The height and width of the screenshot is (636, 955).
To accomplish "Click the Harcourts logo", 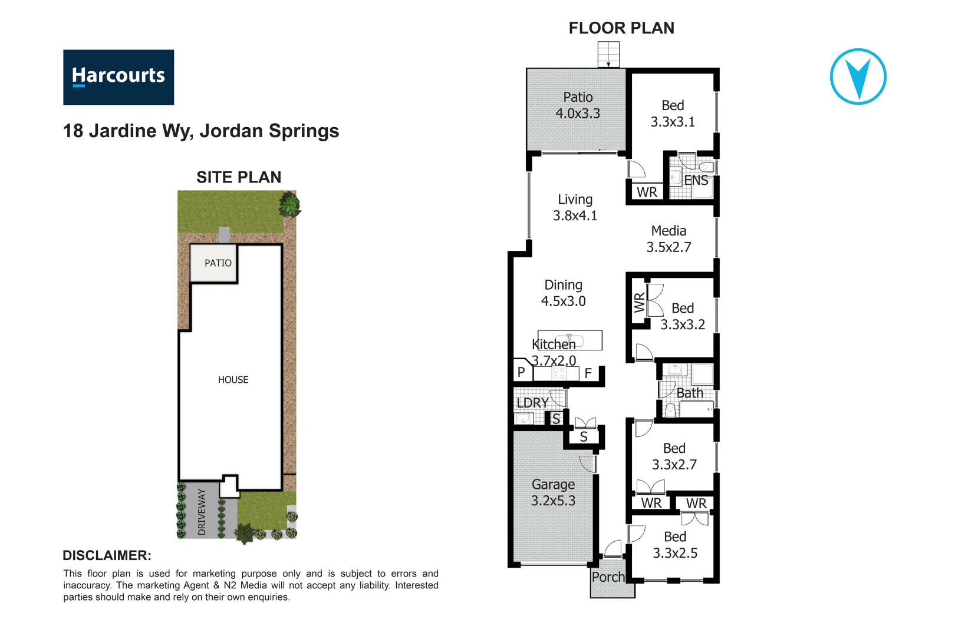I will pos(118,77).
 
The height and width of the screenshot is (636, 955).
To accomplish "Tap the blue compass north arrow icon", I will pos(858,77).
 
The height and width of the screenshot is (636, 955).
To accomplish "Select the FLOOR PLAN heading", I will pos(621,28).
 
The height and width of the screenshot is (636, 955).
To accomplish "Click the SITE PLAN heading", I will pos(239,177).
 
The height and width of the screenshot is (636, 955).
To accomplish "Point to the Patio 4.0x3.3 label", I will pos(578,105).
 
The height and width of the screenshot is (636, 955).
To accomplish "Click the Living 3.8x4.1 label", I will pos(575,208).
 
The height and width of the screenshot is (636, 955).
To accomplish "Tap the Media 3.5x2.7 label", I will pos(668,239).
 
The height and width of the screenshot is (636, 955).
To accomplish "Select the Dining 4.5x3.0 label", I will pos(563,293).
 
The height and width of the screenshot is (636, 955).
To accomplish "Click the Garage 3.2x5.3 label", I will pos(553,492).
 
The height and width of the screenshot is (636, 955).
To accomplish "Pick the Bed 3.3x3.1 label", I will pos(673,114).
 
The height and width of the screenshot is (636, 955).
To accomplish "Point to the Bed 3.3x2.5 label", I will pos(675,545).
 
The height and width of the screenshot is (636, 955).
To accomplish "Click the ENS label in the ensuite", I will pos(696,181).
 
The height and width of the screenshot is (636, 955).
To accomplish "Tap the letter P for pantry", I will pos(521,372).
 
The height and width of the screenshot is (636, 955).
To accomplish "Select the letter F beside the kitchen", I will pos(588,373).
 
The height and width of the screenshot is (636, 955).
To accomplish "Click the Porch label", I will pos(608,577).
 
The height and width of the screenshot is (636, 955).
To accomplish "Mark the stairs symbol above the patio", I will pos(608,55).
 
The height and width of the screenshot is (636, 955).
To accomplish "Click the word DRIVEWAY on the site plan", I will pos(202,511).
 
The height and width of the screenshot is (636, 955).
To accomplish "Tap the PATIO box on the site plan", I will pos(218,263).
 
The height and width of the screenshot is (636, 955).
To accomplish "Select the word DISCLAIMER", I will pos(107,555).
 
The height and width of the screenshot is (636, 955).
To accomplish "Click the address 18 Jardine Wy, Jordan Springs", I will pos(201,131).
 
